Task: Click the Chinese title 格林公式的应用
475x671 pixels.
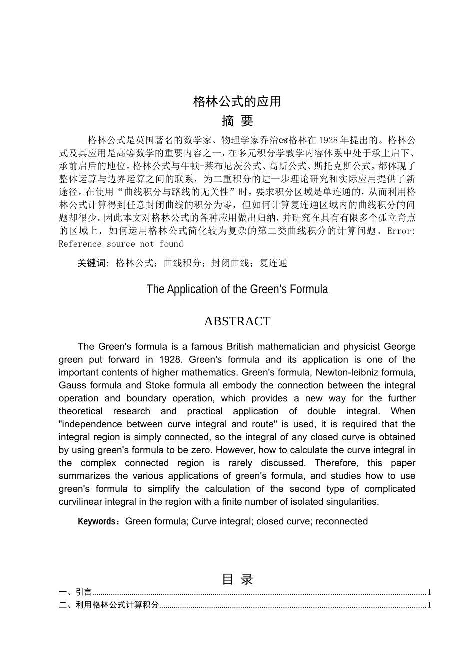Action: [x=237, y=101]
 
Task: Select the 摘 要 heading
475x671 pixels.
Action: [x=237, y=121]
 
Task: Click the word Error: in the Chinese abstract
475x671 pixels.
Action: [x=401, y=231]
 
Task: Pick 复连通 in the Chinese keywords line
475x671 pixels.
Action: [x=273, y=263]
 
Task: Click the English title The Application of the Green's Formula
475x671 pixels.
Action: [x=237, y=290]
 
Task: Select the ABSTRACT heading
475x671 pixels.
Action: [x=237, y=321]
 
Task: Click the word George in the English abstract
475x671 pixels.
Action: [x=400, y=347]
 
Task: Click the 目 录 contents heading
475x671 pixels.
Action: [x=237, y=579]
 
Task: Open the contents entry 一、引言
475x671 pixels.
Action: [x=75, y=593]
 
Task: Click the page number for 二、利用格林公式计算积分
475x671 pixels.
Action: [x=429, y=606]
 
